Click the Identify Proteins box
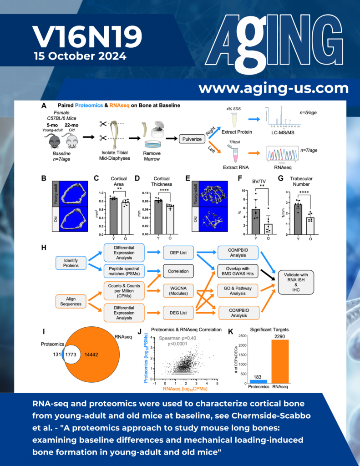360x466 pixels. coord(68,261)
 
